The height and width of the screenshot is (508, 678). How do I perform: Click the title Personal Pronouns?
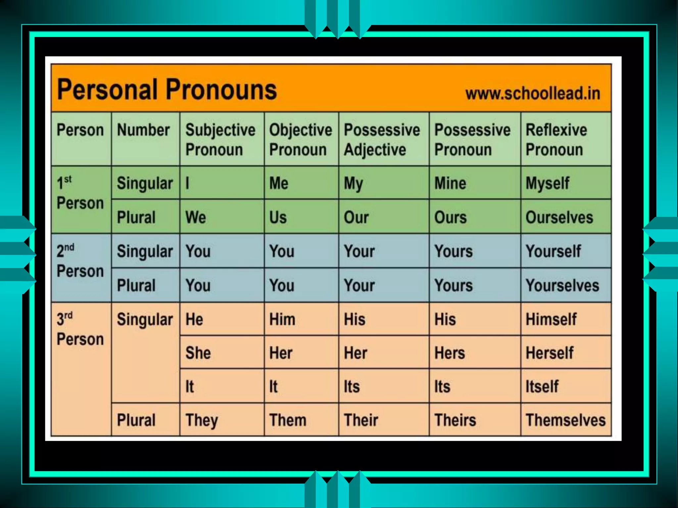coord(167,90)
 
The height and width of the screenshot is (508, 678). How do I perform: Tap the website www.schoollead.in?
coord(532,94)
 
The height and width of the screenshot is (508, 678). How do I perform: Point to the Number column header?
coord(143,130)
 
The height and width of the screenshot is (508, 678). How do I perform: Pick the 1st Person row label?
coord(80,193)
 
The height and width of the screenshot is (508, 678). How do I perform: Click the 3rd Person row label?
coord(80,329)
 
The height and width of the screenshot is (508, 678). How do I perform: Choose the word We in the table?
coord(196,217)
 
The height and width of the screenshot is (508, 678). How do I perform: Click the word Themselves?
coord(565,420)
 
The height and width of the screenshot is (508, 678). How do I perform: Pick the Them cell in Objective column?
coord(288,420)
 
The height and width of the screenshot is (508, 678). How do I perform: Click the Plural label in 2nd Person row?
coord(136,285)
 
